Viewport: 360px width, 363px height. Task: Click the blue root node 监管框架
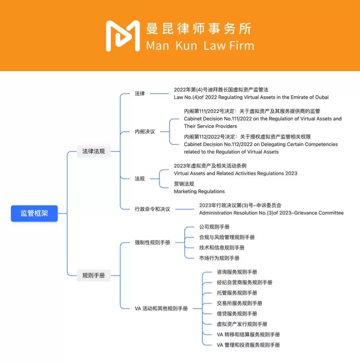click(x=34, y=213)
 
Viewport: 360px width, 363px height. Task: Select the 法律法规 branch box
click(x=94, y=151)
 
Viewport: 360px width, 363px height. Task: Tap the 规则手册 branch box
click(x=94, y=275)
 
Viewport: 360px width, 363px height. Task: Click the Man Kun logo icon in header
click(x=123, y=36)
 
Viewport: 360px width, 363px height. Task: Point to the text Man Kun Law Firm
click(x=200, y=46)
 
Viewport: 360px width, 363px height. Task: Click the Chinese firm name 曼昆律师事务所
click(x=199, y=29)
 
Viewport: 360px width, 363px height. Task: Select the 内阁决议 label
click(x=145, y=131)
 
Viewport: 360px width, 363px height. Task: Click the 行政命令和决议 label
click(x=152, y=209)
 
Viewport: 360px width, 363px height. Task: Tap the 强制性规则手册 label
click(x=152, y=243)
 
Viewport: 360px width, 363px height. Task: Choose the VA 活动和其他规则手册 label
click(x=161, y=308)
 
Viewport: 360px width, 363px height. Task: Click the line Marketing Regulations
click(x=199, y=191)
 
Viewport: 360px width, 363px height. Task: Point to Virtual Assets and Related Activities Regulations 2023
click(x=235, y=173)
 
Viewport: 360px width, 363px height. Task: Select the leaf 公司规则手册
click(x=214, y=227)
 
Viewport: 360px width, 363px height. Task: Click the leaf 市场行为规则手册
click(x=219, y=258)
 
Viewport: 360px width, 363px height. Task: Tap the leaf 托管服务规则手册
click(x=237, y=293)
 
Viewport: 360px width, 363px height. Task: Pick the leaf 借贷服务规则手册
click(x=237, y=314)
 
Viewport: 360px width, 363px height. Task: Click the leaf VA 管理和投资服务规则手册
click(x=248, y=345)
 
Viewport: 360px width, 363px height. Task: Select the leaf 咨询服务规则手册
click(x=237, y=272)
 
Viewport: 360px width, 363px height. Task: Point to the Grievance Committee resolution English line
click(x=271, y=213)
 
